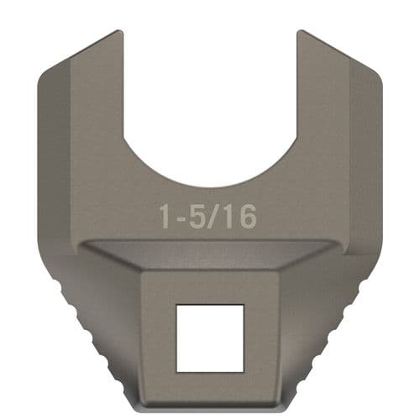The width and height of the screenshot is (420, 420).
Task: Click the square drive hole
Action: click(x=210, y=337)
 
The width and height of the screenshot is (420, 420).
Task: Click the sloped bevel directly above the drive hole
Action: click(x=210, y=259)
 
